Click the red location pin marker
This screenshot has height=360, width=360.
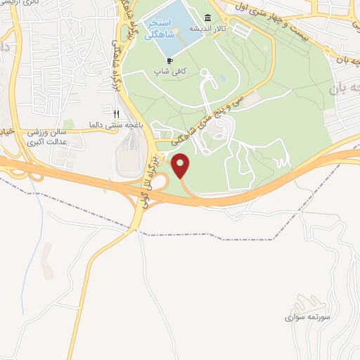pyautogui.click(x=181, y=166)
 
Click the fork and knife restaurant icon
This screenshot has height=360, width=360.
pyautogui.click(x=117, y=113)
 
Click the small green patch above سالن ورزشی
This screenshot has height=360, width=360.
pyautogui.click(x=68, y=124)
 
